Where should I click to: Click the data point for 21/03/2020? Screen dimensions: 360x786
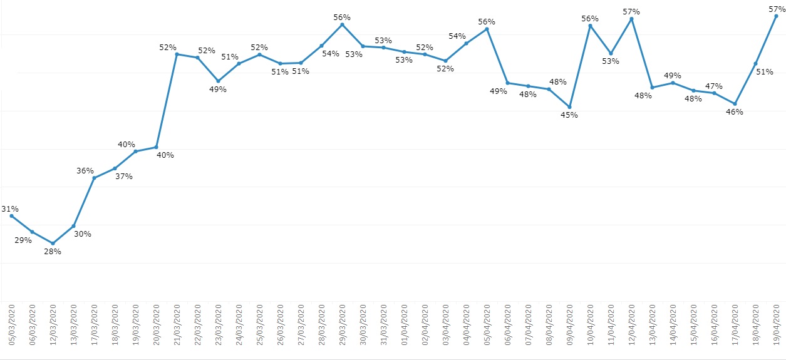[x=177, y=54]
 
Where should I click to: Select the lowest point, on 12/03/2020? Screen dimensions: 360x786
[x=53, y=243]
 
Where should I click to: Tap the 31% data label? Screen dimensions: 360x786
[x=10, y=209]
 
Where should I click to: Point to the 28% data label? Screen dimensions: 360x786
[x=53, y=252]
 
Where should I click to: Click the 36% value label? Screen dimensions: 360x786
[x=85, y=171]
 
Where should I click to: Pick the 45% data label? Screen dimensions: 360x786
[x=569, y=115]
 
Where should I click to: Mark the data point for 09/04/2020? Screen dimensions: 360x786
[x=569, y=107]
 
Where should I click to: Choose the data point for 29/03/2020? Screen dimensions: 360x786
[x=342, y=24]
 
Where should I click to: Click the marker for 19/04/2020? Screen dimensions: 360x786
[x=776, y=16]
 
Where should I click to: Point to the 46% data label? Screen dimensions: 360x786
[x=734, y=112]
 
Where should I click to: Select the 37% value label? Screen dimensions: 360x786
[x=123, y=177]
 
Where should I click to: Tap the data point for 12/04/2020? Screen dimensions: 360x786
[x=631, y=19]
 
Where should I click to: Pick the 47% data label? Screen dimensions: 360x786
[x=714, y=86]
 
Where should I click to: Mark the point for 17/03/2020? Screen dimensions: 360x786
[x=94, y=178]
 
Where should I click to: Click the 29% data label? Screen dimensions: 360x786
[x=23, y=240]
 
